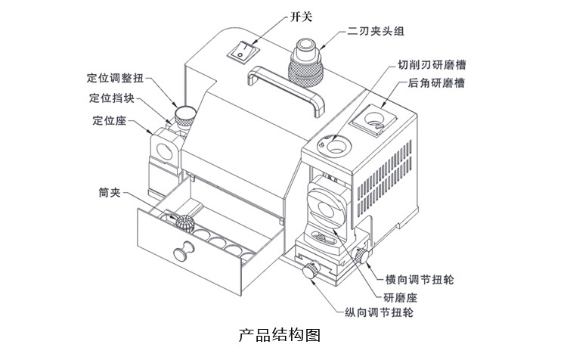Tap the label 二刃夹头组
[x=376, y=31]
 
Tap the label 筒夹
[x=108, y=194]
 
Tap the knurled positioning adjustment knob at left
[x=183, y=116]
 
